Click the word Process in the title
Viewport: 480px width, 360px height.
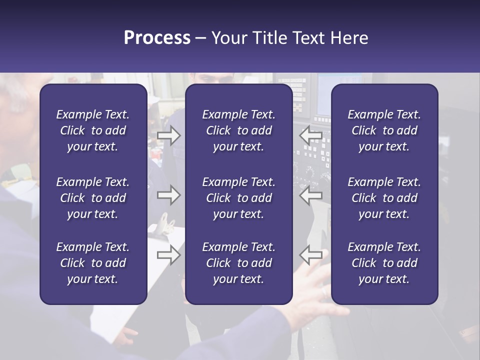click(x=157, y=38)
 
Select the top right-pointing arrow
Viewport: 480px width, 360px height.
click(x=168, y=135)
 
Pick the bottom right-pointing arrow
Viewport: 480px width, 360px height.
click(x=168, y=255)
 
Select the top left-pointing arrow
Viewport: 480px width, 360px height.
click(x=310, y=135)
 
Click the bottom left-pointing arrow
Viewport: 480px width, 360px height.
click(x=310, y=255)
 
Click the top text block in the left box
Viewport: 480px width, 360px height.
click(x=93, y=130)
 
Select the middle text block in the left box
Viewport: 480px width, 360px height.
click(x=93, y=198)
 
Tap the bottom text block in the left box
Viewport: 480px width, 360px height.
click(x=93, y=263)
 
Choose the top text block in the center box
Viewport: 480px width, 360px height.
click(x=238, y=130)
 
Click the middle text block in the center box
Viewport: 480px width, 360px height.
click(x=238, y=198)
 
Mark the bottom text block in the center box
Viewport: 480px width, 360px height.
click(x=238, y=263)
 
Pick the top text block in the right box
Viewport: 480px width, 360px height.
click(x=384, y=130)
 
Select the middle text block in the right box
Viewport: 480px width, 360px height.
click(x=384, y=198)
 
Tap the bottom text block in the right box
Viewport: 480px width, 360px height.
click(x=384, y=263)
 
